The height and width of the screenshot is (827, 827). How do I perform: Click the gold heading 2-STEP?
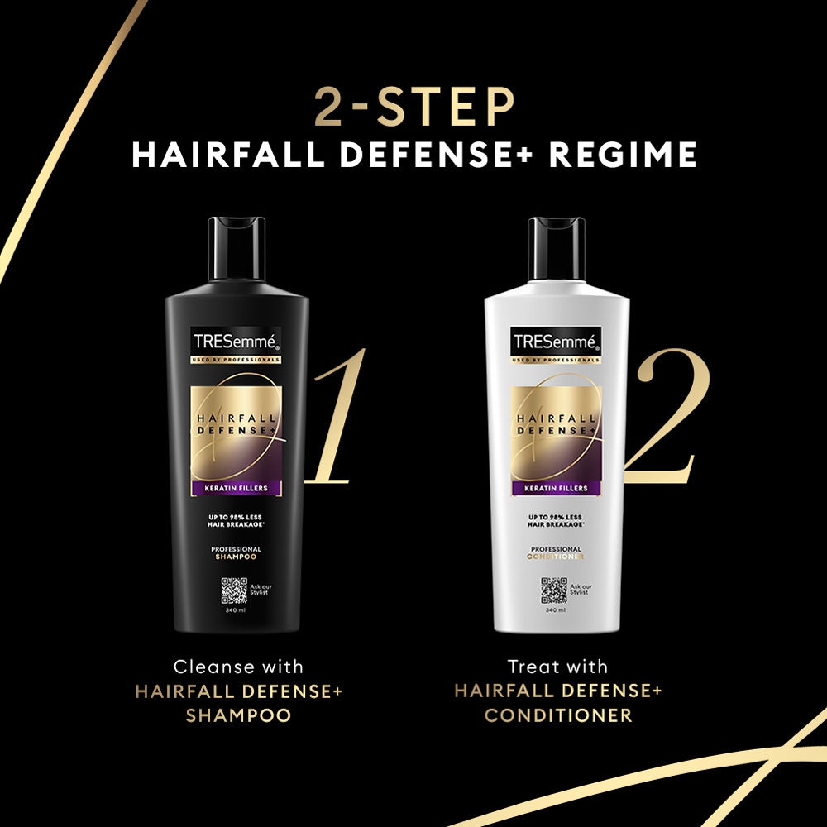(413, 108)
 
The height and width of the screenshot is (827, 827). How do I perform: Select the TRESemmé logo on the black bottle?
(237, 340)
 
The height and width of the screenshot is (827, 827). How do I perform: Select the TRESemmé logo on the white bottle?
(557, 340)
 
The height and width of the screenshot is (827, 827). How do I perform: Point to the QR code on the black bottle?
(233, 590)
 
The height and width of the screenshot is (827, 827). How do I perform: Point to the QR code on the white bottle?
(553, 590)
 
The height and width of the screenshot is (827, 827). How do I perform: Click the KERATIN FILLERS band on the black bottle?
(237, 488)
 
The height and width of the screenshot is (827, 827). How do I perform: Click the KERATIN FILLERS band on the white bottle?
(557, 488)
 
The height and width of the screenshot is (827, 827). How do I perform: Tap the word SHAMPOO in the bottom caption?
(238, 715)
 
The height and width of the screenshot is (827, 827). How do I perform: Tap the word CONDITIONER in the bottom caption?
(558, 715)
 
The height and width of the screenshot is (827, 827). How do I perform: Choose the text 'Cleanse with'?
(238, 667)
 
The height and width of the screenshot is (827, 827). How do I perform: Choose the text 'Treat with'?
(558, 667)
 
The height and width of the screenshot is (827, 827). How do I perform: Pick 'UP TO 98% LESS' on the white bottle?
(557, 517)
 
